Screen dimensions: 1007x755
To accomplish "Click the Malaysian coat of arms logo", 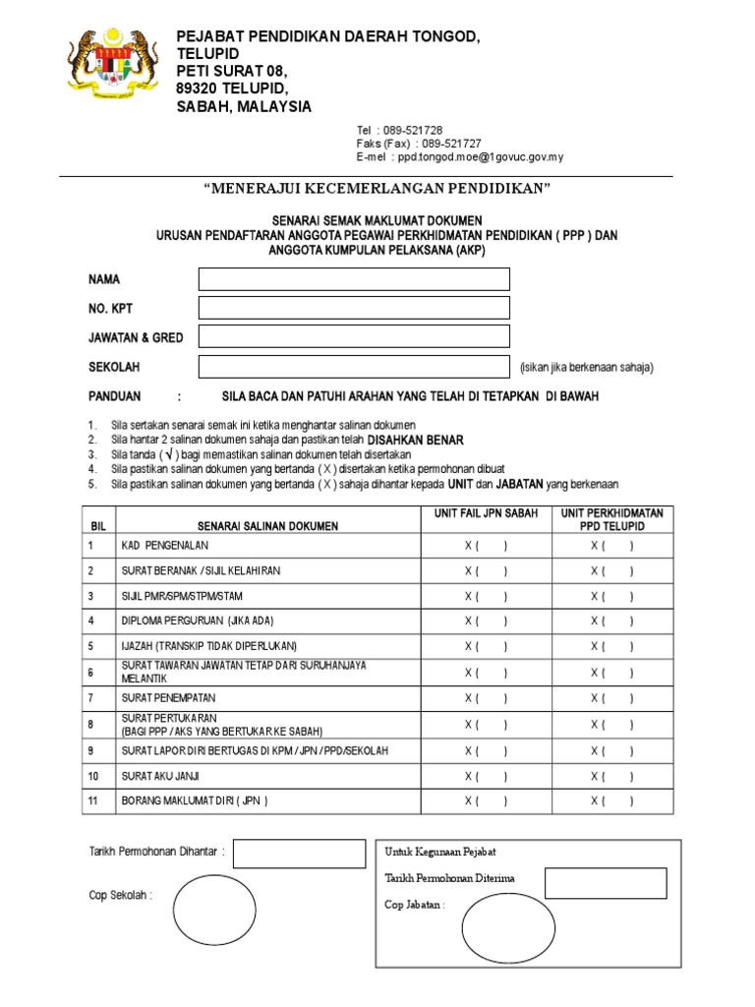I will coord(112,68).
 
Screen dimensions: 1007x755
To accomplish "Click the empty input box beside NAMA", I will coord(354,279).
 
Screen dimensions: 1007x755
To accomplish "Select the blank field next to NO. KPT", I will coord(354,308).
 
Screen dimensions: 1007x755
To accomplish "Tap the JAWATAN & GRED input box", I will coord(354,336).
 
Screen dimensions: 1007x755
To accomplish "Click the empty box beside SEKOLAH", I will coord(354,367).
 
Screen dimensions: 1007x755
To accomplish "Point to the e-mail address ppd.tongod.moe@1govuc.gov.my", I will coord(478,157).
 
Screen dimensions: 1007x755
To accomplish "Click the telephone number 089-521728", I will coord(419,131).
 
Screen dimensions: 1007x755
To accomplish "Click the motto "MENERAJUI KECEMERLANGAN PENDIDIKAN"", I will coord(377,188).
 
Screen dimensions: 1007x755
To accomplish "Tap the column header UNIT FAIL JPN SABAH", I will coord(487,513).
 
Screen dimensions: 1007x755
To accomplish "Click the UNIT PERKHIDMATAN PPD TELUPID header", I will coord(611,519).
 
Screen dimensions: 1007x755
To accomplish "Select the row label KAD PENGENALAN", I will coord(165,545).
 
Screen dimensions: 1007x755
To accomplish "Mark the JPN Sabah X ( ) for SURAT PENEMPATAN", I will coord(487,697).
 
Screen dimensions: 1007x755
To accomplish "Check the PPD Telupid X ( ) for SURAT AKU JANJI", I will coord(611,775).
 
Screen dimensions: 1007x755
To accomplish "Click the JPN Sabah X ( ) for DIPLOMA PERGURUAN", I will coord(487,622).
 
